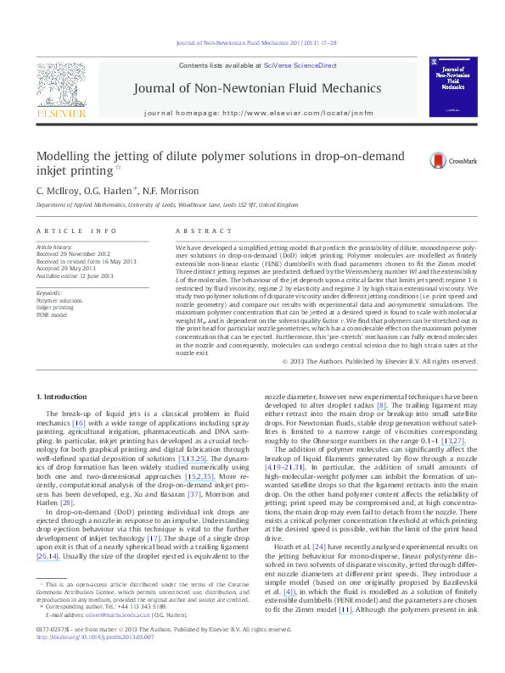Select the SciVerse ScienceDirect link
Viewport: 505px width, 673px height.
(x=300, y=65)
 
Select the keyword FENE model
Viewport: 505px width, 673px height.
(x=53, y=314)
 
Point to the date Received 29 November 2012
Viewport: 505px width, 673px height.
(x=73, y=253)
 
